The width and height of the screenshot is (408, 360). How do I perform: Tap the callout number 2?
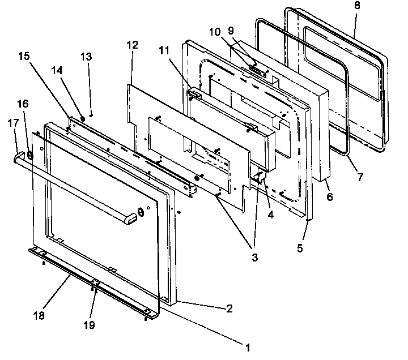(228, 308)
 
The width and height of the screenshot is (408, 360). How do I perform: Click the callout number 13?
(86, 57)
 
